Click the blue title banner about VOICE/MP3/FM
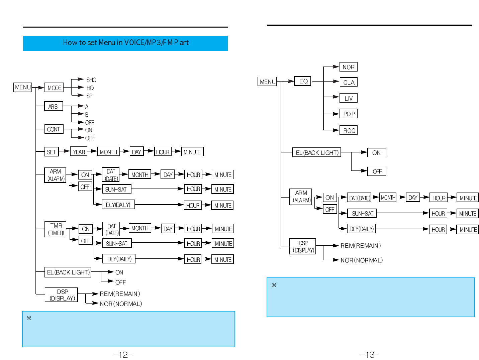(x=125, y=43)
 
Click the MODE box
(x=54, y=88)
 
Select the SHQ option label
(x=91, y=80)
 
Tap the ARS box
(x=54, y=106)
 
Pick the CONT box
(x=54, y=129)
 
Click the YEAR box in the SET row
(x=79, y=152)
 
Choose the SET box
(x=52, y=152)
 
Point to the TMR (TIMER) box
(x=56, y=229)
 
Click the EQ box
(x=303, y=81)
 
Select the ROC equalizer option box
(x=349, y=130)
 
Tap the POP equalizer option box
(x=349, y=114)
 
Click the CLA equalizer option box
(x=349, y=82)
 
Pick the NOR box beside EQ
(x=349, y=67)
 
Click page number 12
(x=123, y=355)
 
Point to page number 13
(x=369, y=355)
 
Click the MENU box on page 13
(x=267, y=82)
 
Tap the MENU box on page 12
(x=23, y=87)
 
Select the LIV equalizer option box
(x=349, y=98)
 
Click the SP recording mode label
(x=89, y=96)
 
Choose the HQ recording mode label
(x=90, y=88)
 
